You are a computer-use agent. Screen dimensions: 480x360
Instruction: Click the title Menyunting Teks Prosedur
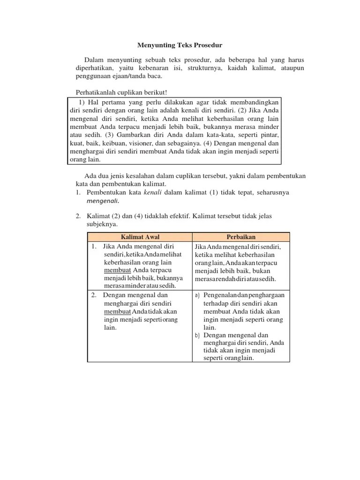[x=180, y=45]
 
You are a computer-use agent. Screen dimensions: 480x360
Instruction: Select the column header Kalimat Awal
[x=140, y=237]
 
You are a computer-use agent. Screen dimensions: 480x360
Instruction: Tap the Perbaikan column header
[x=241, y=237]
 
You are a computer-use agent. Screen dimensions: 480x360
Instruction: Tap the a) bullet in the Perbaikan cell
[x=197, y=295]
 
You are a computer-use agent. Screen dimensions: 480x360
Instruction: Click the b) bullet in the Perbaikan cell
[x=197, y=336]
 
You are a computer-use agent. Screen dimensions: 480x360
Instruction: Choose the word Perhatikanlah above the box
[x=97, y=92]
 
